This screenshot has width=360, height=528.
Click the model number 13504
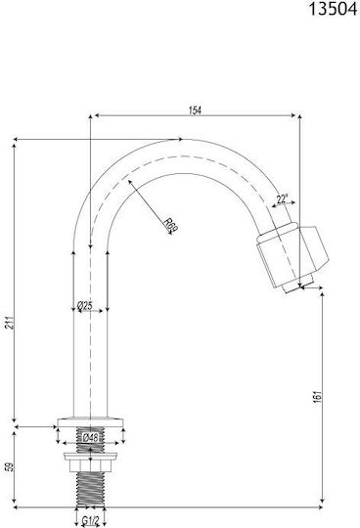tap(333, 9)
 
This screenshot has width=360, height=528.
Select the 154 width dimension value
tap(195, 110)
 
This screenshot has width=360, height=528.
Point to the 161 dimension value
tap(318, 397)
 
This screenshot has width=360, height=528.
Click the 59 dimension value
tap(11, 466)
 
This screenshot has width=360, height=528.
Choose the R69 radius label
tap(171, 225)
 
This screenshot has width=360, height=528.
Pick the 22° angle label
tap(282, 199)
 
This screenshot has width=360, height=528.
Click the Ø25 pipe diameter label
tap(84, 306)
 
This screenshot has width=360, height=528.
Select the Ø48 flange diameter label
tap(90, 438)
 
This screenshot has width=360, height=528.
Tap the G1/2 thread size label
tap(90, 521)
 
